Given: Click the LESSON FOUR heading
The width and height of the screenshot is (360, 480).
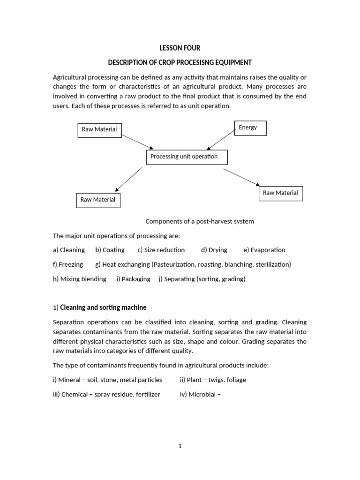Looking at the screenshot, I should coord(180,47).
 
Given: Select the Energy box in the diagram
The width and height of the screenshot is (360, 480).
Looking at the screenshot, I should coord(250,128).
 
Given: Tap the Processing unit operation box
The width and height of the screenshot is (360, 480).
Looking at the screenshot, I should coord(187,157).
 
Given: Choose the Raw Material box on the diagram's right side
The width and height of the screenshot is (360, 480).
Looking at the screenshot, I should coord(280,193).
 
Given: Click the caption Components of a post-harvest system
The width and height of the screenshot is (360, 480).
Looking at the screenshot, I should coord(200,221).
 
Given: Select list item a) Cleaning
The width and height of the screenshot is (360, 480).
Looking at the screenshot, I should coord(69,250).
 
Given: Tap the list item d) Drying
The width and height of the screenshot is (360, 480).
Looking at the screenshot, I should coord(214,250).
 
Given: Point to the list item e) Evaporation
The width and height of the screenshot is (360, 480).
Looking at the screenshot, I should coord(264,250).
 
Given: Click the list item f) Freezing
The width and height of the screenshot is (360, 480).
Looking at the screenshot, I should coord(68,264).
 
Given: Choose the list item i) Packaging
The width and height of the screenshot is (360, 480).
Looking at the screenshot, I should coord(133,279).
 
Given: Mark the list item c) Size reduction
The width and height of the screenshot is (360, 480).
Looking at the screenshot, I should coord(161,250).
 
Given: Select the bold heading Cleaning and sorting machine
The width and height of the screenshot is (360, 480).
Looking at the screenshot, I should coord(103,307).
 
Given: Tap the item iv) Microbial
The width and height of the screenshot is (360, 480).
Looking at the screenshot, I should coord(200,394).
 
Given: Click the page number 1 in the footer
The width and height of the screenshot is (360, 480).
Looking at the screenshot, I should coord(180,446).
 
